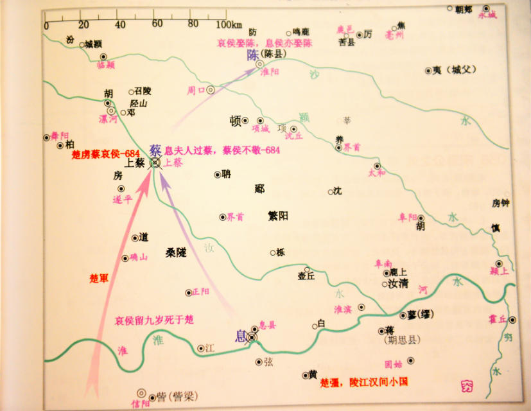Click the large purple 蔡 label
(155, 150)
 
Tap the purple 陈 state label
(253, 55)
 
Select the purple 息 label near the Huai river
(241, 336)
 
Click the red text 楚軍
(100, 279)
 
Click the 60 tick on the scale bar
(156, 24)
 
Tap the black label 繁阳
(277, 215)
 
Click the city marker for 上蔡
(155, 163)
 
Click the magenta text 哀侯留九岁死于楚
(154, 319)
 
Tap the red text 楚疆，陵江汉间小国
(363, 381)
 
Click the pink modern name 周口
(195, 90)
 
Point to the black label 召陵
(143, 91)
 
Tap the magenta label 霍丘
(497, 319)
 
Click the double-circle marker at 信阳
(141, 392)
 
